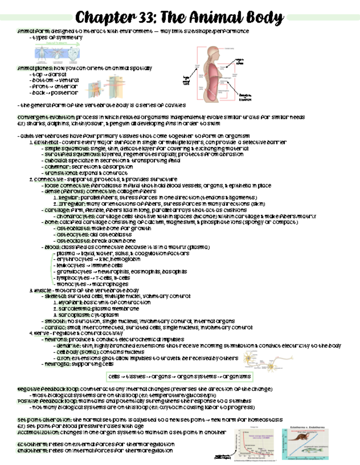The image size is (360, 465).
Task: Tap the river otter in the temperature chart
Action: click(298, 437)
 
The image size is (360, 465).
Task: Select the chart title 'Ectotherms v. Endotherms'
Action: click(307, 427)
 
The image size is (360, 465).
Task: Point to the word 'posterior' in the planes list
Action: click(64, 93)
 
